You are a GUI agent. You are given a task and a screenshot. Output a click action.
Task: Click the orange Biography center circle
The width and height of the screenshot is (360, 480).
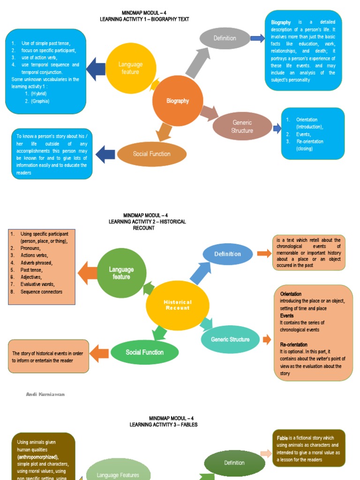coord(178,101)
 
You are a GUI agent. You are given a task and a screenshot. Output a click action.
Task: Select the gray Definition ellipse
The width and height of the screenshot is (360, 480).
coord(225,38)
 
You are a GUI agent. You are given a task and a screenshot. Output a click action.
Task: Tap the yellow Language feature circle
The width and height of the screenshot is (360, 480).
coord(131,68)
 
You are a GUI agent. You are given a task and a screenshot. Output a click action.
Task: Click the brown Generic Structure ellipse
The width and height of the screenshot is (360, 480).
coord(242,127)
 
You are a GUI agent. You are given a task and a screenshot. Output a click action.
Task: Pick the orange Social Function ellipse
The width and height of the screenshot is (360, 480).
coord(151,154)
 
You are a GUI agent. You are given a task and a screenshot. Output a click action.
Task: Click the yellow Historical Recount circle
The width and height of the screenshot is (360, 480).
coord(177,305)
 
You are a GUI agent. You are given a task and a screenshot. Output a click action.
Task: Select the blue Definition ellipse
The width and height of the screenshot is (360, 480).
coord(228,254)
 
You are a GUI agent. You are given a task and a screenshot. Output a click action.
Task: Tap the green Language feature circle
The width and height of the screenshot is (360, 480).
coord(121,273)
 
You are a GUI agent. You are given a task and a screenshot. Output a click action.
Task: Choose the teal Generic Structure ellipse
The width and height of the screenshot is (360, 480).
coord(230,339)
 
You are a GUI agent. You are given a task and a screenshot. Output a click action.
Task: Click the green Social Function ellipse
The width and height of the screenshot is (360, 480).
coord(144,352)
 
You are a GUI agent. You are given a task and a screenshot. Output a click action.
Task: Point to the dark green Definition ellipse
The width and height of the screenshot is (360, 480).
coord(234,463)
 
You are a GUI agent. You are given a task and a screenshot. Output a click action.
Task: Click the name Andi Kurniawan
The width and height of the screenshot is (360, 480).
coord(45,395)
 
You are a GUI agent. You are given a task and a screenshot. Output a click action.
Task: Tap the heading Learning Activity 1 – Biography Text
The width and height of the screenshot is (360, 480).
coord(144,19)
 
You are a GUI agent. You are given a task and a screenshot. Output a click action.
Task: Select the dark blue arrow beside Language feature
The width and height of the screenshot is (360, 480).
coord(96,68)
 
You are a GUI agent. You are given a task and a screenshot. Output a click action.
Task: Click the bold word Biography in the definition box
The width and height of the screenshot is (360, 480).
coord(281,22)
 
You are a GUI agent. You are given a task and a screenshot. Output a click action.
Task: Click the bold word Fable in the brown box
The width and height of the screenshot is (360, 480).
coord(282,438)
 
